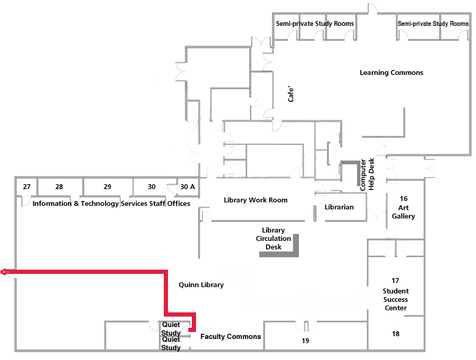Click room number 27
click(27, 187)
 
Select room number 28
click(59, 187)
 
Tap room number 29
click(107, 187)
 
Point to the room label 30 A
click(188, 187)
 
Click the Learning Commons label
click(391, 73)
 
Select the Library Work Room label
click(255, 200)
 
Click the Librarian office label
click(339, 207)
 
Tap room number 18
click(395, 334)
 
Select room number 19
click(305, 341)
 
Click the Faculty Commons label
click(230, 337)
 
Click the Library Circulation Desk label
click(273, 238)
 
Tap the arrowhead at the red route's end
click(4, 272)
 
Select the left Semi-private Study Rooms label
click(314, 24)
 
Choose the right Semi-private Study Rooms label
click(433, 24)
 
